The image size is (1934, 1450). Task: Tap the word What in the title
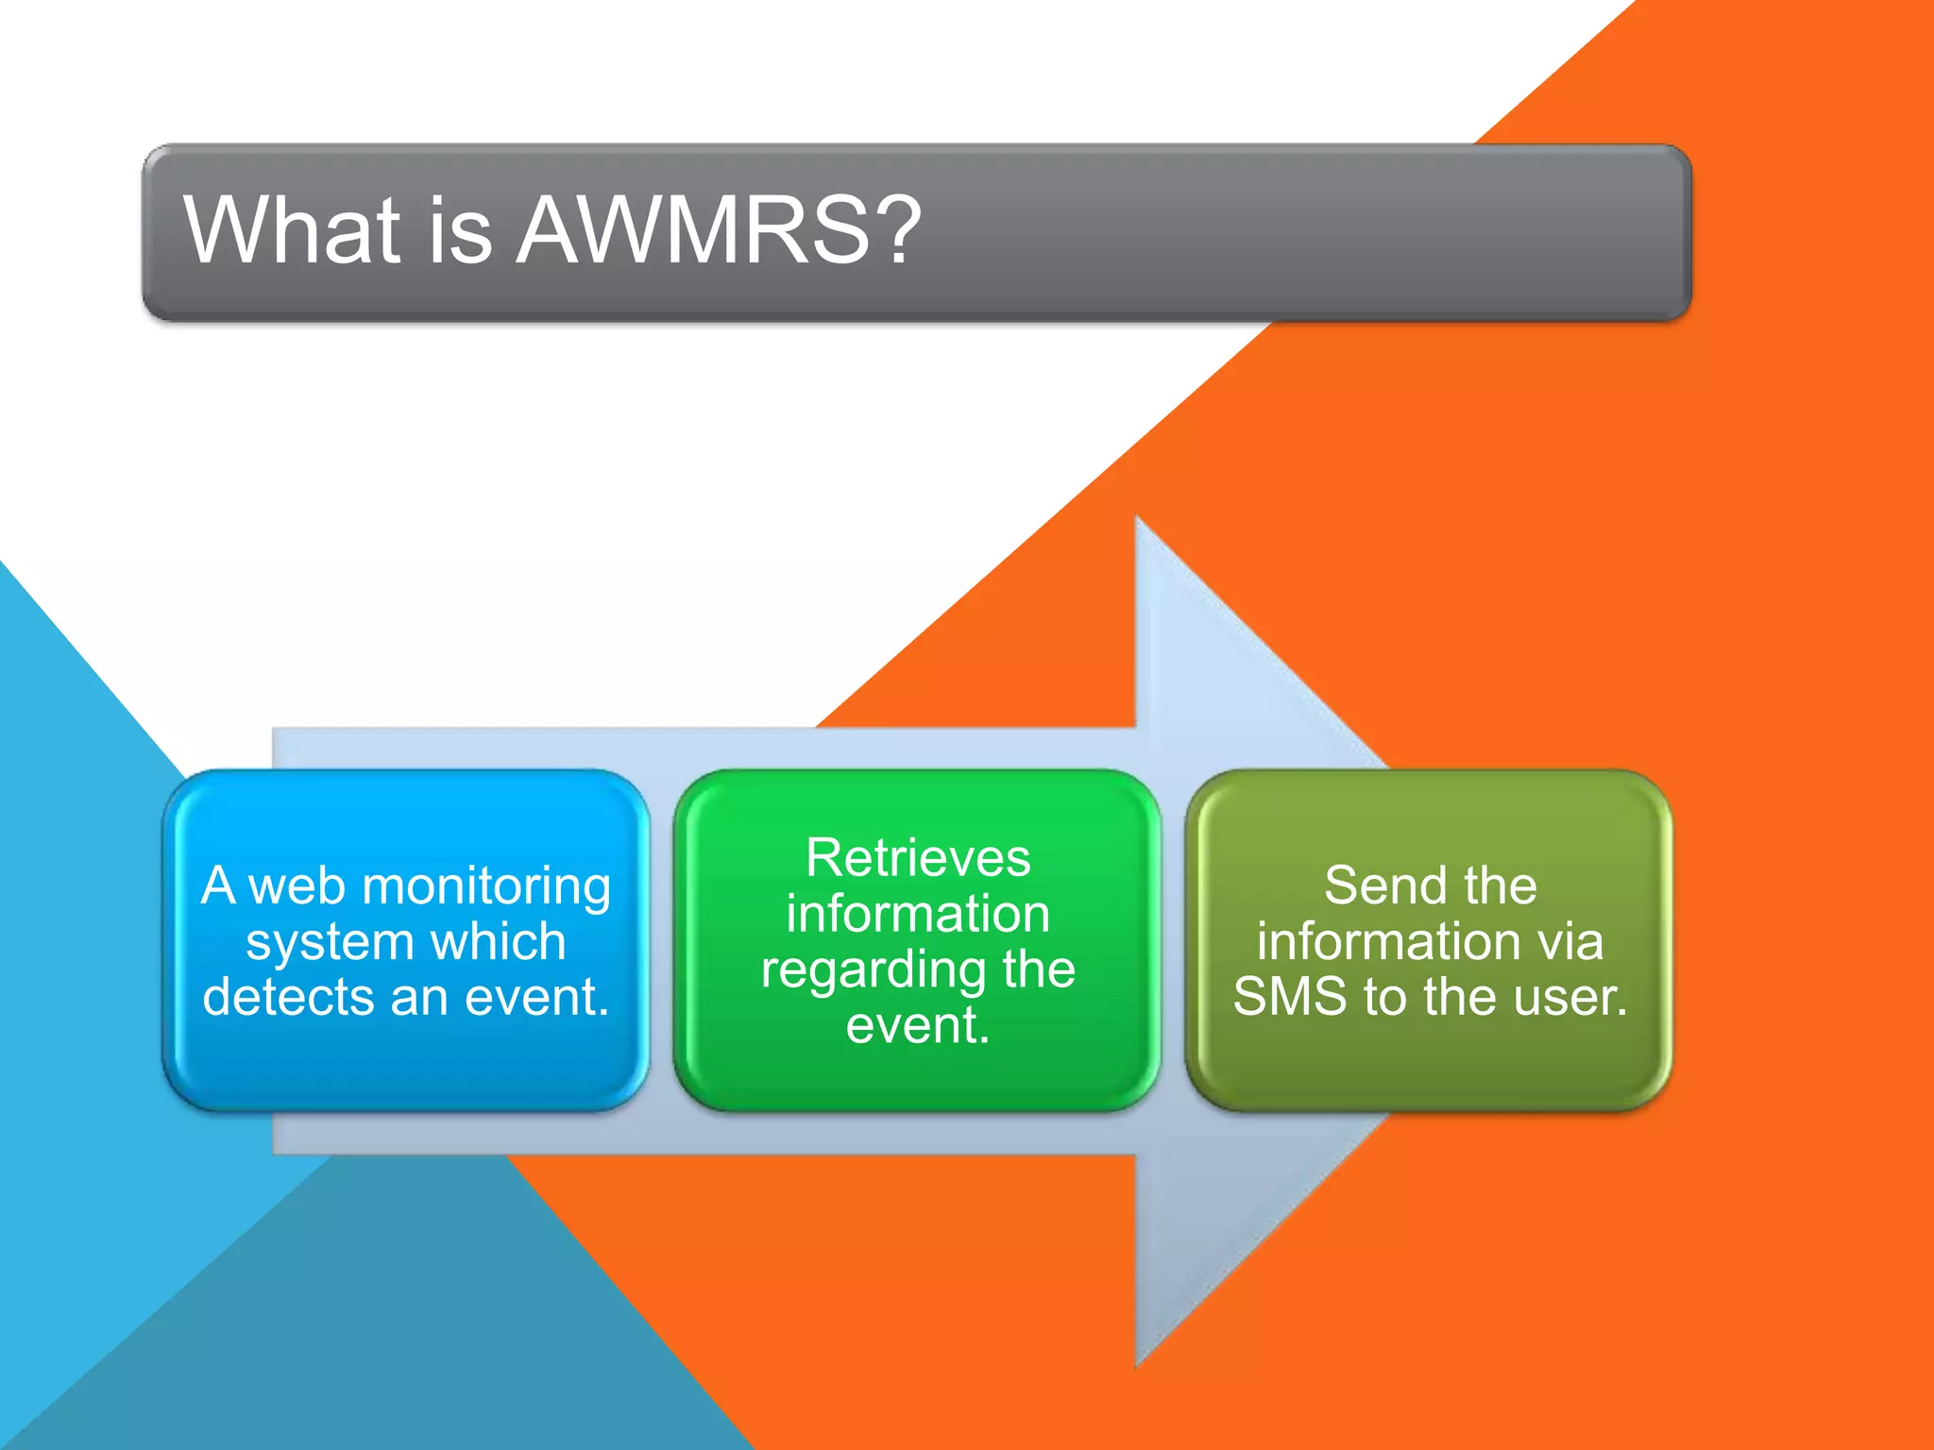click(292, 229)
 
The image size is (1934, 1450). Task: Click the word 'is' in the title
click(460, 229)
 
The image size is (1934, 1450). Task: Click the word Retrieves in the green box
click(918, 858)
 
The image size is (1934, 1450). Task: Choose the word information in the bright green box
click(918, 914)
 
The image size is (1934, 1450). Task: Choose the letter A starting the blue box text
click(218, 886)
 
